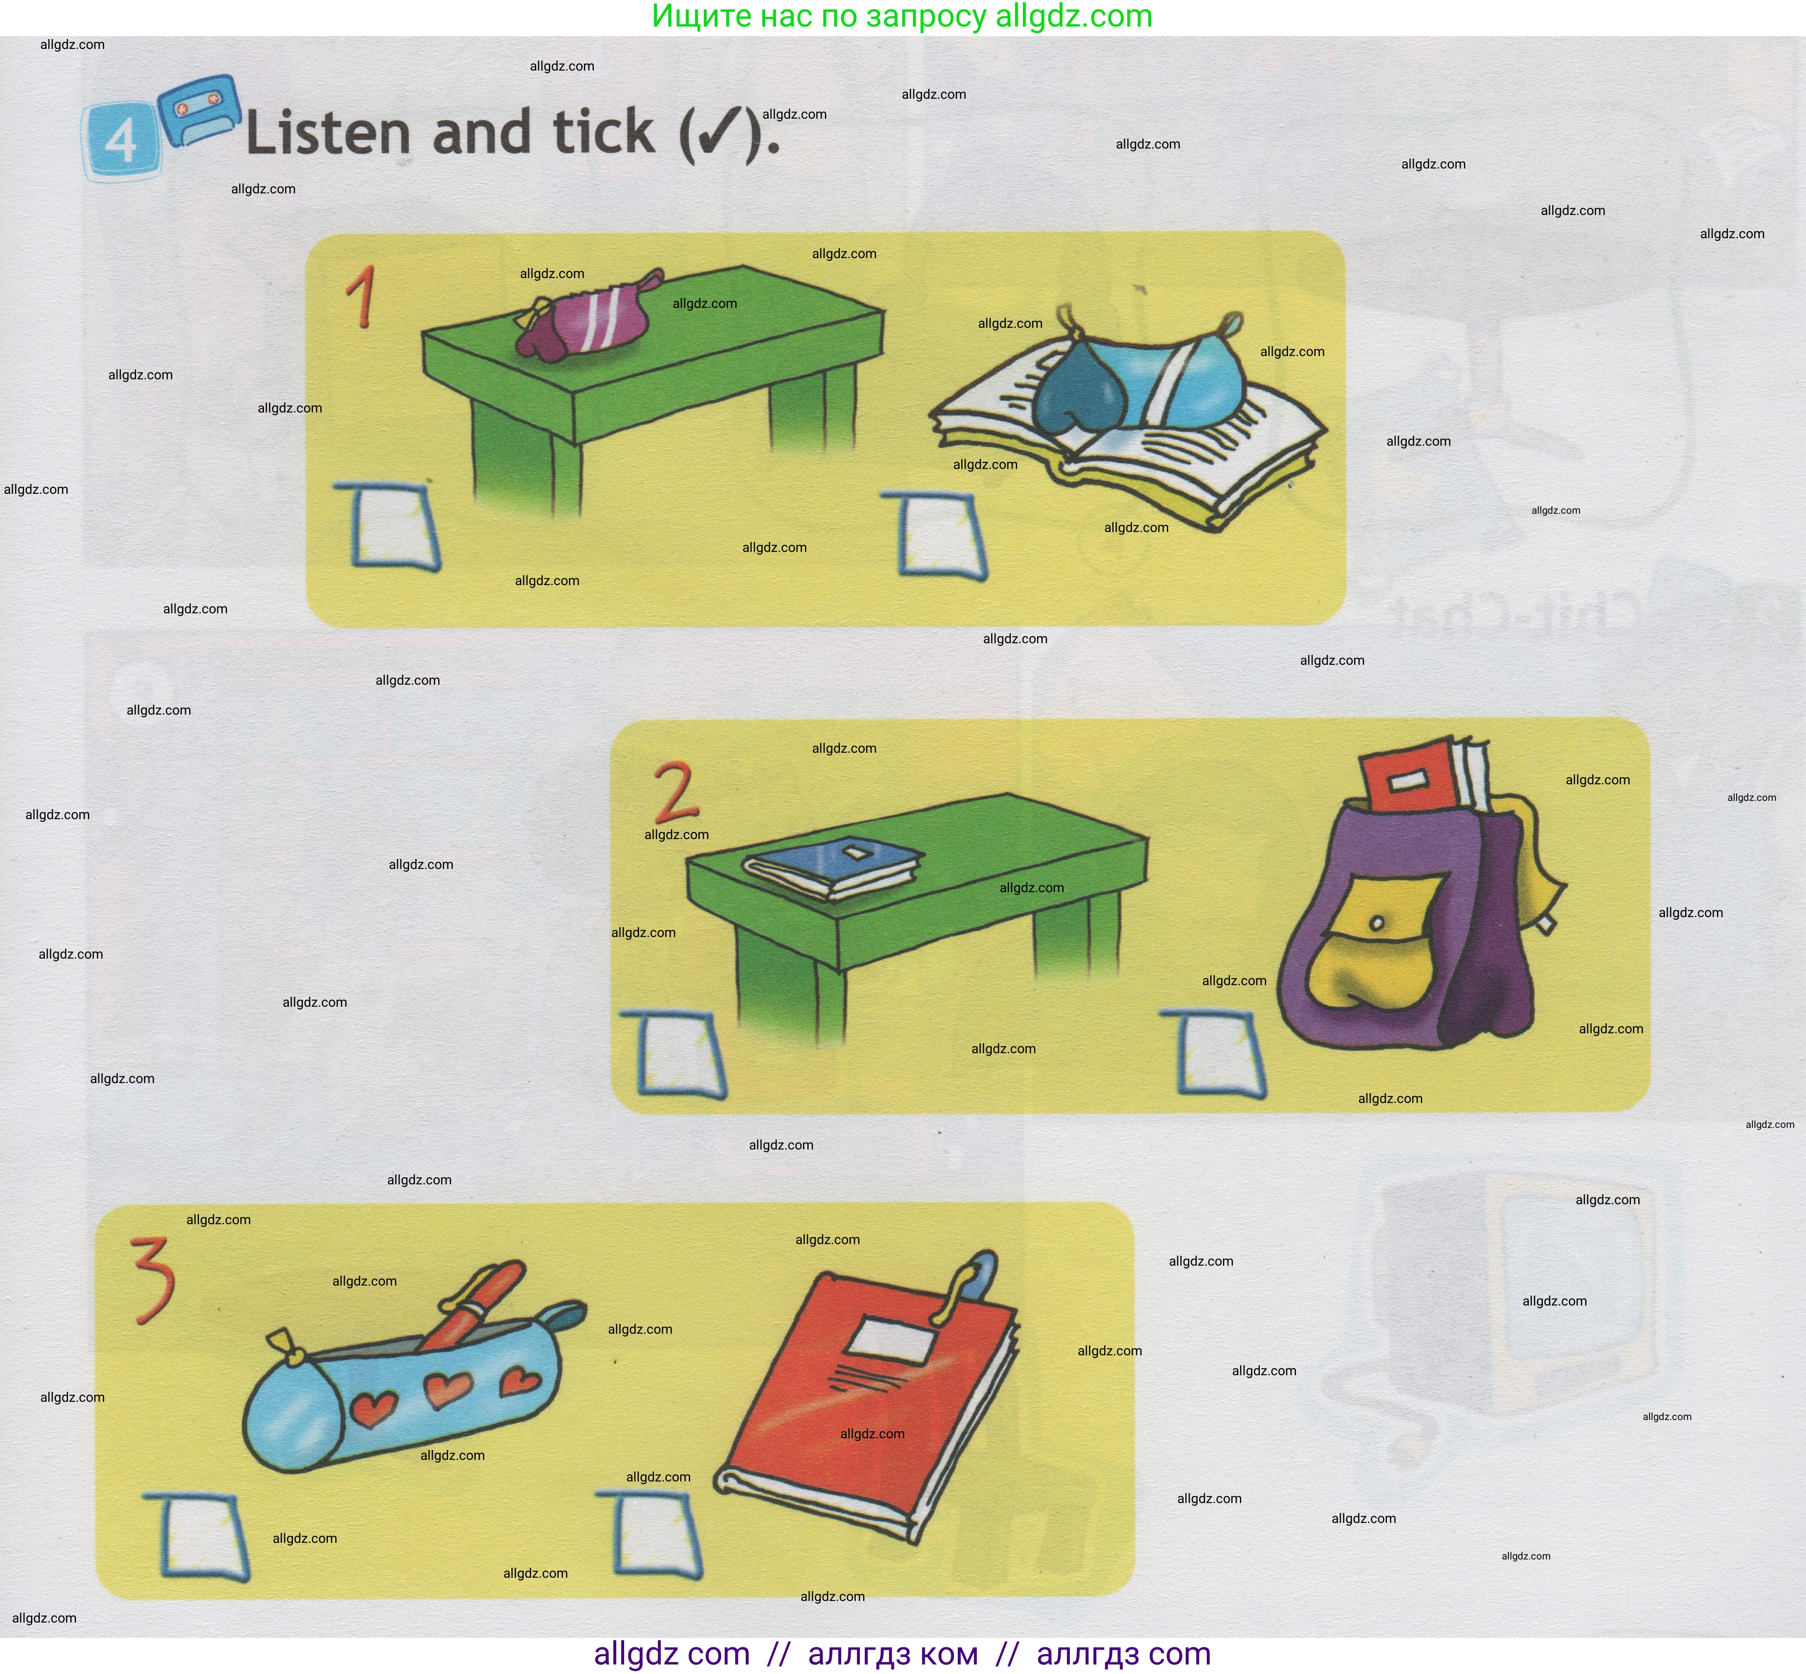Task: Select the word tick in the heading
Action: [603, 132]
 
